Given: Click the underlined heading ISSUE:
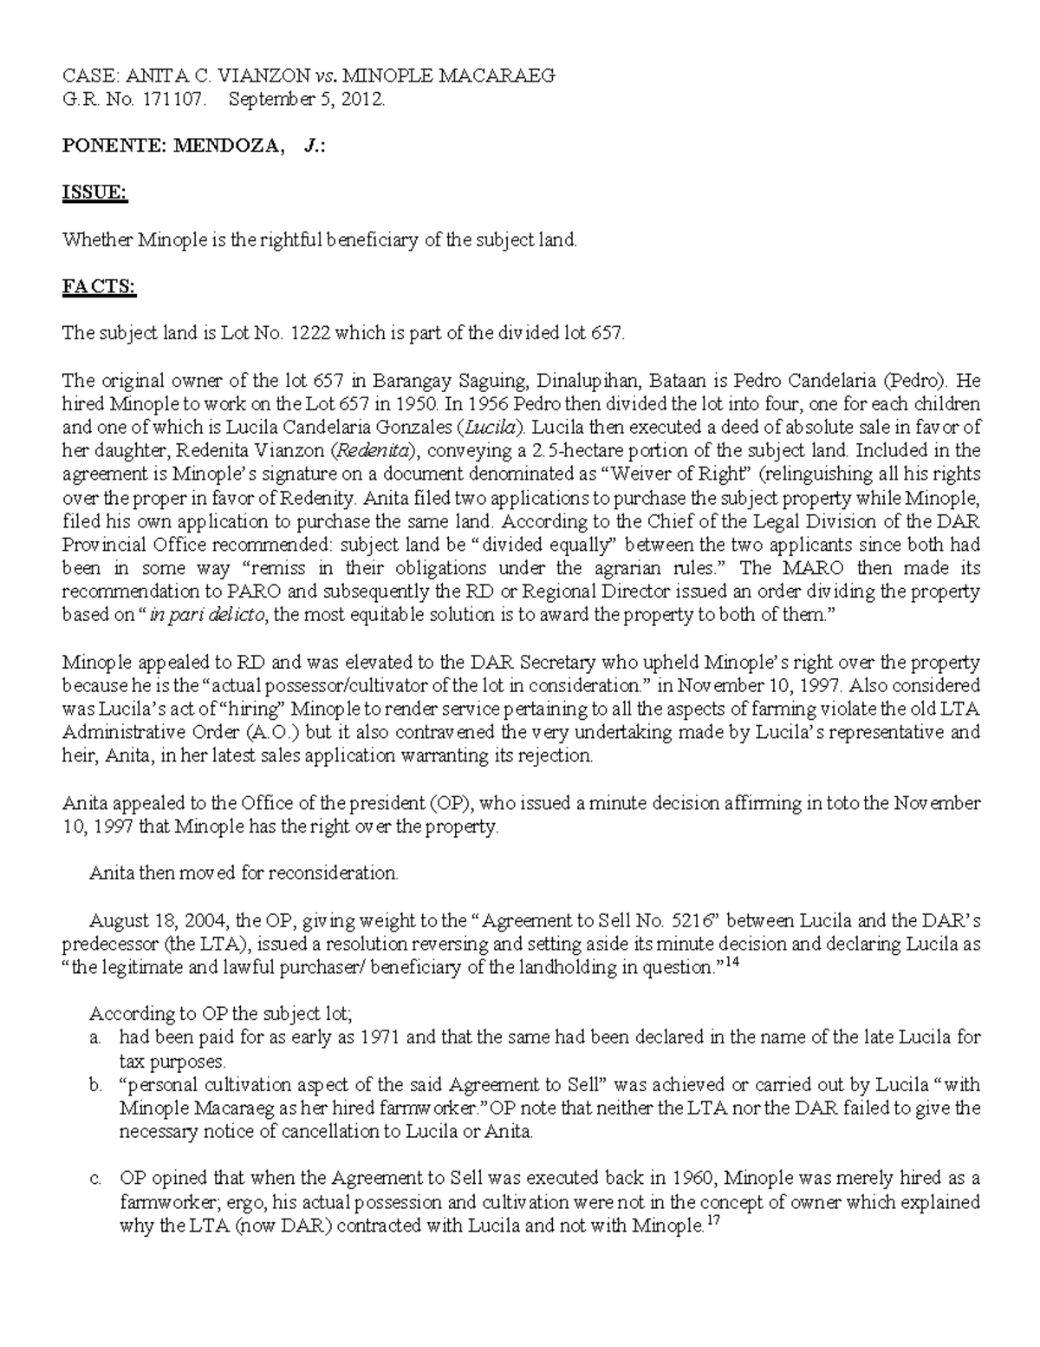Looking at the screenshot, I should click(94, 193).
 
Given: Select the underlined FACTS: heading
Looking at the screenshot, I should click(99, 287).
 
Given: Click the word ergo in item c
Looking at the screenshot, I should click(245, 1203).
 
